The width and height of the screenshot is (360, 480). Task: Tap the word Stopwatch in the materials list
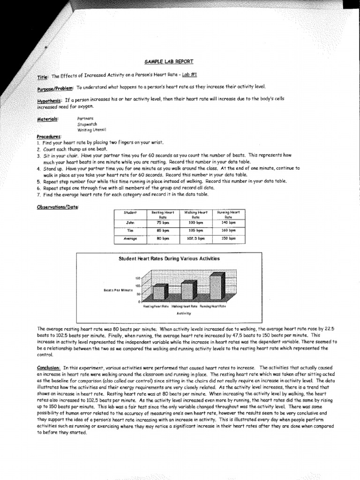tap(88, 124)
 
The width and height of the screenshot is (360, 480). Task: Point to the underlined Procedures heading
tap(49, 136)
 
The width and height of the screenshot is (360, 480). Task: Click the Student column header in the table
tap(130, 212)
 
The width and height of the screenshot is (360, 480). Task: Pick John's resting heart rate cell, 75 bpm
tap(163, 223)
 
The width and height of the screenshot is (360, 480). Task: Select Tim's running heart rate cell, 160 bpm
tap(228, 231)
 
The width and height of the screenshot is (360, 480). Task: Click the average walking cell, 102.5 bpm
tap(195, 239)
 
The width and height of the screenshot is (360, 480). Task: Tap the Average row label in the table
tap(130, 239)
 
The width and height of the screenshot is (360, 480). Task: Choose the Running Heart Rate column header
tap(228, 215)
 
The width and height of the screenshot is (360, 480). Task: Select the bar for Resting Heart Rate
tap(159, 293)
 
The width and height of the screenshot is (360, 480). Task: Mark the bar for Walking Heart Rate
tap(187, 291)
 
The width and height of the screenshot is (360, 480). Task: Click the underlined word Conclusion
tap(49, 367)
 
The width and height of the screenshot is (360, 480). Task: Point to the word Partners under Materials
tap(85, 118)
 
